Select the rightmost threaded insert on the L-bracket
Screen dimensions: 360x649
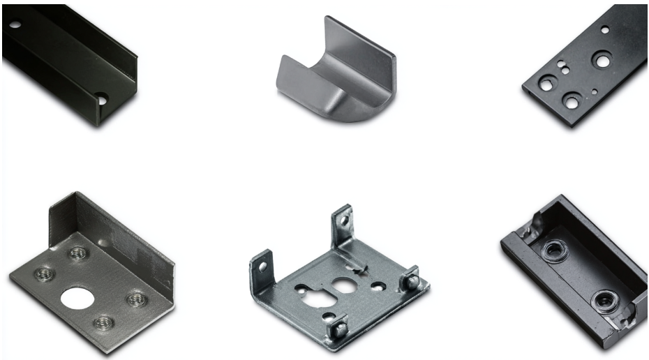(x=134, y=299)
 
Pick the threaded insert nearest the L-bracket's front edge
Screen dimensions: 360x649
(x=103, y=322)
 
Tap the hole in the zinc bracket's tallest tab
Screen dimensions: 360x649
(x=341, y=222)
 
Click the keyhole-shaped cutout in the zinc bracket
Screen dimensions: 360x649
(x=342, y=285)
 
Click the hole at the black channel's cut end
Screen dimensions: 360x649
(x=103, y=100)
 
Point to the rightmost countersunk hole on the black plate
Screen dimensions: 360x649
(x=601, y=61)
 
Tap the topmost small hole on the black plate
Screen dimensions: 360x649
(x=604, y=30)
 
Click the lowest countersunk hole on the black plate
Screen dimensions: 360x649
(x=571, y=101)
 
